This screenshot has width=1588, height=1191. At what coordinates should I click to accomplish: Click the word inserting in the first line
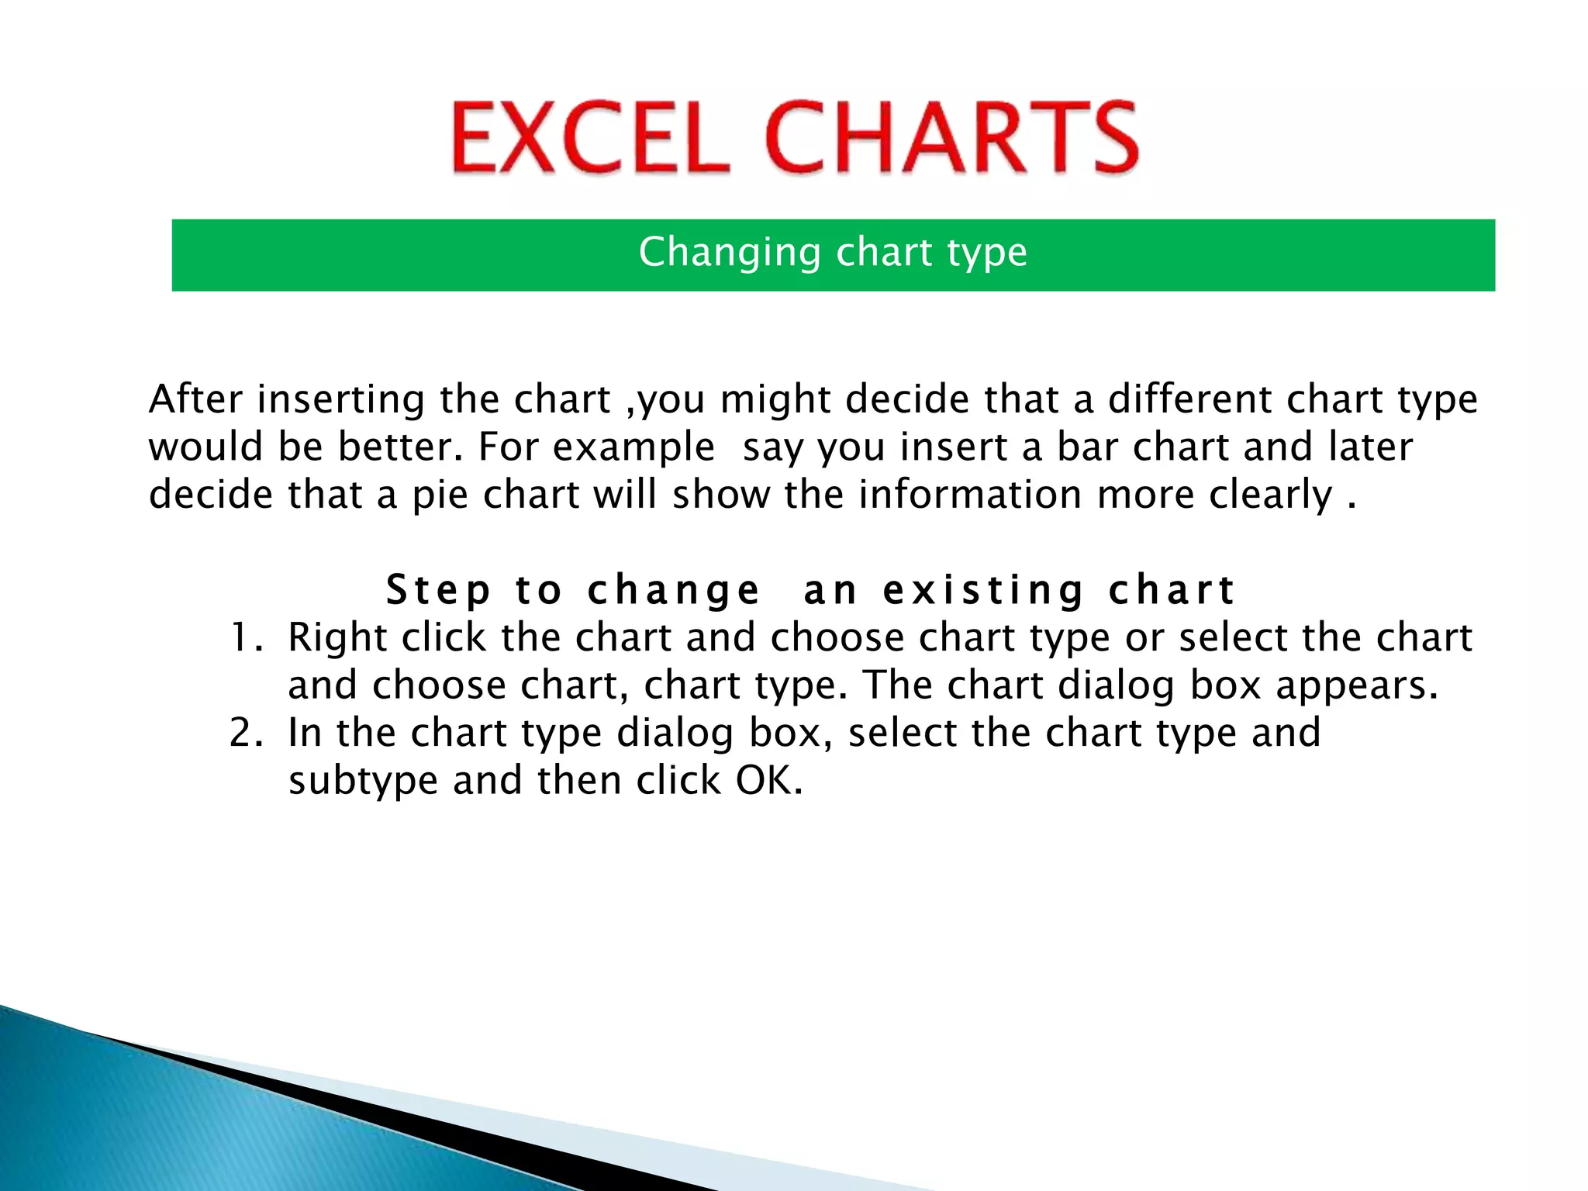tap(340, 401)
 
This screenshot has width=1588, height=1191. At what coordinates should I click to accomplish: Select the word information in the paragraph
tap(969, 495)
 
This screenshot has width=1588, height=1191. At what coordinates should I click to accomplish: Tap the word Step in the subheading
tap(438, 591)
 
